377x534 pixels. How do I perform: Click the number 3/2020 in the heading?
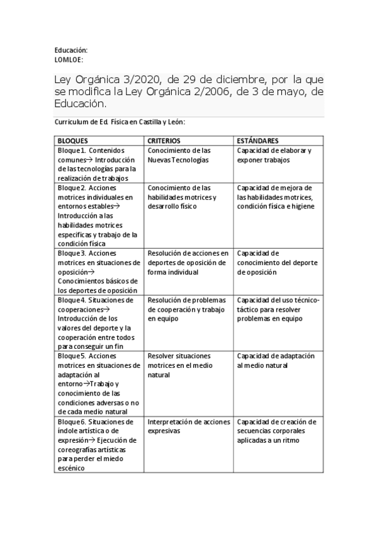143,80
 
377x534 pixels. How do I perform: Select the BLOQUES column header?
73,140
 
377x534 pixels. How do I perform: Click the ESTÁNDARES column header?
258,140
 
